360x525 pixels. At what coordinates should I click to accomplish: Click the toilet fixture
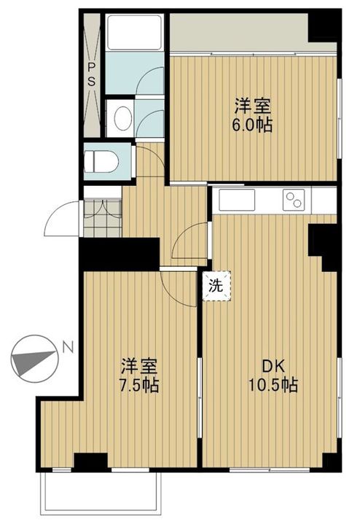[101, 160]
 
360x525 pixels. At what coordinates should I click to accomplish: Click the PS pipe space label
[92, 74]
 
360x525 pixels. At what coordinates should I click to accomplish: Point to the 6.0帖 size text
[254, 125]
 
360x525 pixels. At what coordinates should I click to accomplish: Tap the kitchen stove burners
[295, 198]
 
